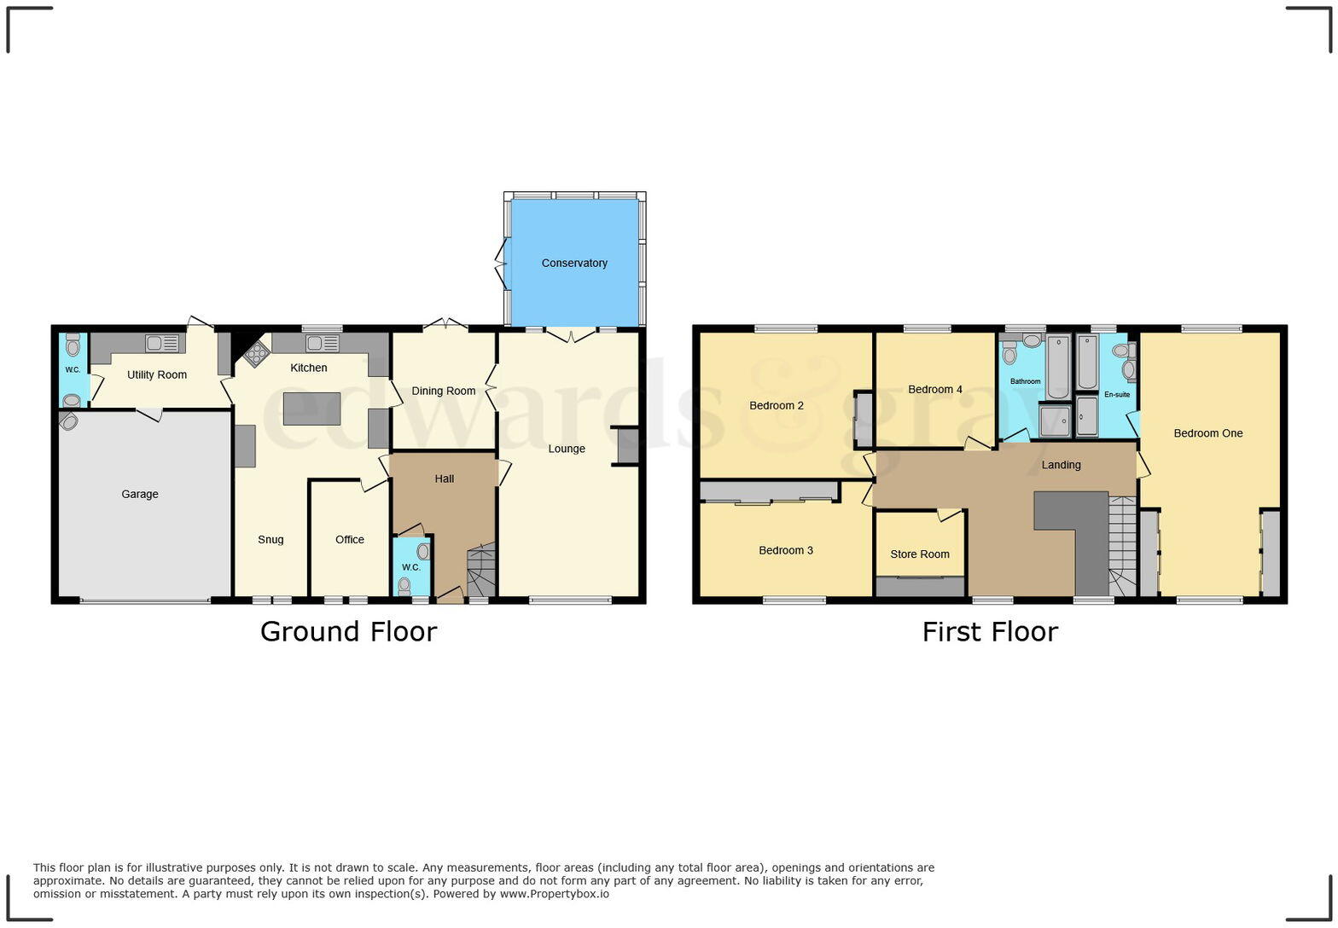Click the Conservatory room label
(x=574, y=263)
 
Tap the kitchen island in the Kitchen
(x=311, y=409)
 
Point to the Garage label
(x=140, y=494)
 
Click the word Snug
(x=271, y=539)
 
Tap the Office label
(x=350, y=539)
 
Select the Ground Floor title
(x=348, y=631)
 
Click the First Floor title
(x=990, y=631)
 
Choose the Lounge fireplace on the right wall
(x=627, y=446)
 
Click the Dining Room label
(x=444, y=391)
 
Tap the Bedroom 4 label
(x=935, y=389)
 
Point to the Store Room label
(x=920, y=554)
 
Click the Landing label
(x=1062, y=465)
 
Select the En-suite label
(x=1117, y=394)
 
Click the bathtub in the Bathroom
(x=1058, y=367)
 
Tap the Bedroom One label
(x=1208, y=433)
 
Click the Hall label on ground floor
(x=445, y=478)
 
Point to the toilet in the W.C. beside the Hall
(x=404, y=585)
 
